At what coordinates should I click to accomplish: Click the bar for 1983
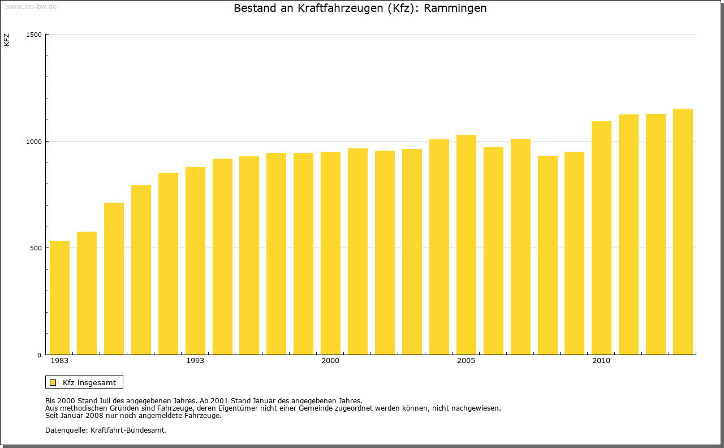click(x=59, y=297)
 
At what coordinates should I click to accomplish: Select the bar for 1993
click(x=195, y=261)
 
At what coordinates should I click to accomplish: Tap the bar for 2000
click(x=330, y=253)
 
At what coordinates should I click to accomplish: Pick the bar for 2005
click(x=466, y=245)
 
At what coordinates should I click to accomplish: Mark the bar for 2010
click(x=601, y=238)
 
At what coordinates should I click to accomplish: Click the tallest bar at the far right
click(x=683, y=232)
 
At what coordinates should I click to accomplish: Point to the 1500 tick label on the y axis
click(x=34, y=35)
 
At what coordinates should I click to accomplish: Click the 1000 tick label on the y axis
click(x=34, y=141)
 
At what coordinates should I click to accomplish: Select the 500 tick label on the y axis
click(x=36, y=248)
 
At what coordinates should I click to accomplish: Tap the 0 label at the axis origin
click(x=40, y=355)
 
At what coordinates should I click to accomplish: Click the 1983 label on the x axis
click(x=59, y=361)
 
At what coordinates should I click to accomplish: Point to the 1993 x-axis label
click(x=195, y=361)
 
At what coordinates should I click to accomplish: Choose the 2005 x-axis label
click(x=466, y=361)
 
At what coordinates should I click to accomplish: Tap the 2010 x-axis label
click(x=601, y=361)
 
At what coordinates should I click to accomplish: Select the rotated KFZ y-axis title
click(x=7, y=40)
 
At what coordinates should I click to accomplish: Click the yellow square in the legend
click(x=53, y=382)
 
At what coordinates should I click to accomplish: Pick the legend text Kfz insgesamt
click(x=89, y=382)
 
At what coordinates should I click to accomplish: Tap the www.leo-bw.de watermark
click(x=30, y=6)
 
